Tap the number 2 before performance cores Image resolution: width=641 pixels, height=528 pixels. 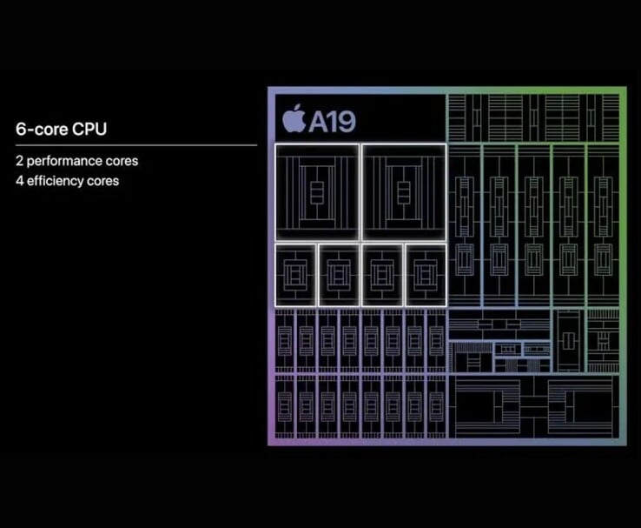tap(19, 162)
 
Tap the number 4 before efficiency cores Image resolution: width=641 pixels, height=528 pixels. tap(19, 181)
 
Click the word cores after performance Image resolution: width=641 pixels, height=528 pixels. tap(122, 162)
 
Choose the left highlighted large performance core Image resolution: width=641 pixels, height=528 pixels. tap(316, 191)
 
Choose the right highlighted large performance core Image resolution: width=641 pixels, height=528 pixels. tap(403, 191)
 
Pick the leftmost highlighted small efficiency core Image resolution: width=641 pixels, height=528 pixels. tap(295, 274)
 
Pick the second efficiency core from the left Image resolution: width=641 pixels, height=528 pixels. tap(339, 274)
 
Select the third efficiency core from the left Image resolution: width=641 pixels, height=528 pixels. tap(382, 274)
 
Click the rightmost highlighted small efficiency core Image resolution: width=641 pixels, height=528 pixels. tap(425, 274)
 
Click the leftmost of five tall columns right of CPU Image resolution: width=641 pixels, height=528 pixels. tap(465, 224)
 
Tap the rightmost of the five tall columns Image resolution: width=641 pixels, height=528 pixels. tap(603, 224)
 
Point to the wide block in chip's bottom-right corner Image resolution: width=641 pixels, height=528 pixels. tap(579, 406)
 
